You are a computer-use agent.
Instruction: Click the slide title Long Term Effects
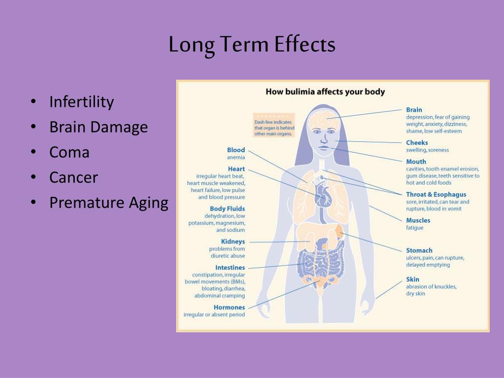point(252,45)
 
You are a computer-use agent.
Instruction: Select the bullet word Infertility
point(82,102)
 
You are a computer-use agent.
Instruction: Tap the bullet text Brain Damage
point(98,127)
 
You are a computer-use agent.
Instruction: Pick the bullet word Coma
point(69,153)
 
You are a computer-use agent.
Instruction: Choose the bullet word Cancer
point(74,177)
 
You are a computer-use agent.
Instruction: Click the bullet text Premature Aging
point(109,203)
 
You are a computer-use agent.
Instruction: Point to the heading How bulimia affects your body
point(325,92)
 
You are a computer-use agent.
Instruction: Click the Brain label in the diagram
point(414,110)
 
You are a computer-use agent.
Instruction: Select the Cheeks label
point(417,143)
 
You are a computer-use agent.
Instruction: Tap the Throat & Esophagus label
point(436,194)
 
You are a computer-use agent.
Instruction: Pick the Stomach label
point(419,251)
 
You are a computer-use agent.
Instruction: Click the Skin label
point(413,280)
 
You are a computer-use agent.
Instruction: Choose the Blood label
point(236,150)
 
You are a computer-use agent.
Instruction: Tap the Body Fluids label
point(227,209)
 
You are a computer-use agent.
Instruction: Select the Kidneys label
point(233,241)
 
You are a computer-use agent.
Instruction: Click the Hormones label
point(229,307)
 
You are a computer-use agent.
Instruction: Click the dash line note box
point(274,126)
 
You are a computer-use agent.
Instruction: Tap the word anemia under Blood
point(236,157)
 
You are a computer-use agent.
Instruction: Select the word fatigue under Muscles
point(414,227)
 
